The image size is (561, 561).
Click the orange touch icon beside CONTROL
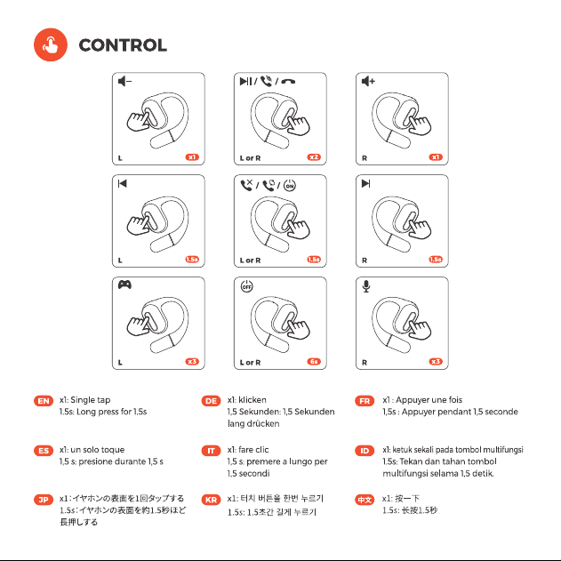[51, 44]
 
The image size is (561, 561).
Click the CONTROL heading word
[123, 45]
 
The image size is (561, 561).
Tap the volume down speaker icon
[124, 81]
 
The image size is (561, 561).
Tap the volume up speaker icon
[368, 81]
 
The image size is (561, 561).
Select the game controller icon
[124, 285]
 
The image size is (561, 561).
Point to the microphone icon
[366, 286]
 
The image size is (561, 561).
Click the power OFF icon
[246, 286]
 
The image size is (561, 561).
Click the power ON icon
[290, 185]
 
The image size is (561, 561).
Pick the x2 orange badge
[314, 157]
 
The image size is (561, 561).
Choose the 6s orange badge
[314, 361]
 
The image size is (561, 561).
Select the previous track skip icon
[123, 183]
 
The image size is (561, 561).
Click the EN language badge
[44, 401]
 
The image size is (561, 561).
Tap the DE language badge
[211, 401]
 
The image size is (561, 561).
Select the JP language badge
[44, 500]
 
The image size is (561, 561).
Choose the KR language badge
[211, 500]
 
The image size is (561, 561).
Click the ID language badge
[365, 451]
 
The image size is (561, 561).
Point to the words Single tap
[91, 400]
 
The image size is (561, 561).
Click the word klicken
[252, 400]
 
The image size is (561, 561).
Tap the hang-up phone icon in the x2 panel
[288, 82]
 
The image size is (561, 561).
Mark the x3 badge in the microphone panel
[436, 361]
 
